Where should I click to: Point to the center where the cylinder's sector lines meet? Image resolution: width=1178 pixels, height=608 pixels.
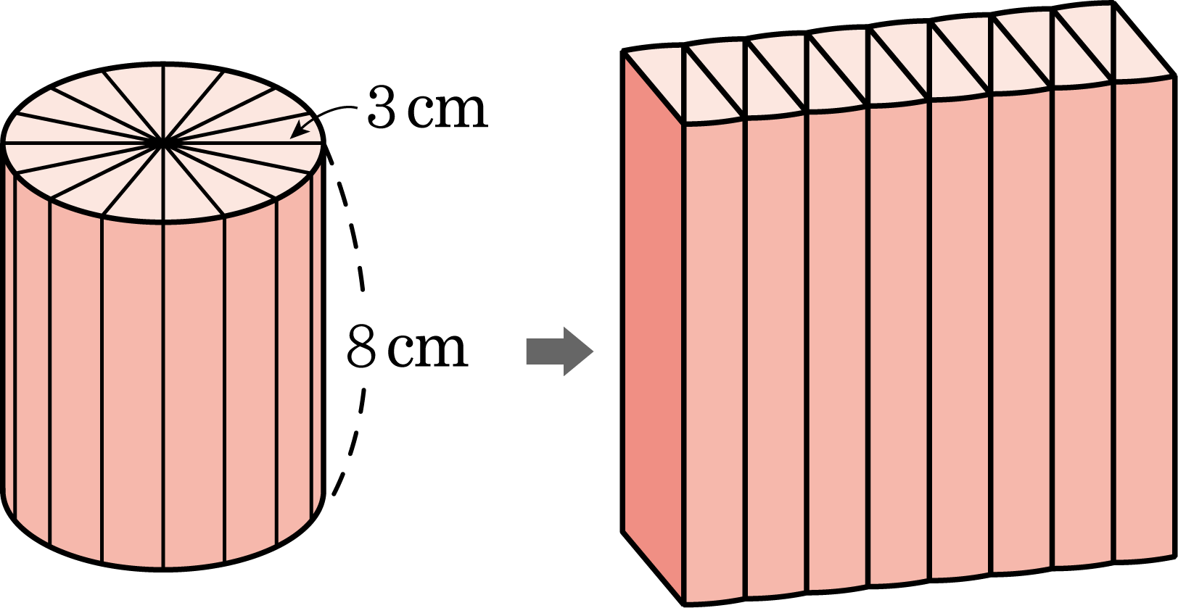click(163, 143)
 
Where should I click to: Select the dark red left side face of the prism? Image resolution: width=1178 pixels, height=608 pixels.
click(653, 326)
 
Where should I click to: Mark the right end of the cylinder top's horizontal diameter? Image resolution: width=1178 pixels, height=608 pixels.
click(321, 143)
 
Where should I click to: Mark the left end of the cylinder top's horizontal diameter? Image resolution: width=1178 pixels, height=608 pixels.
click(6, 143)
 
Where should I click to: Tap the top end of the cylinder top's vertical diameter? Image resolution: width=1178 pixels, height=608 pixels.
click(163, 67)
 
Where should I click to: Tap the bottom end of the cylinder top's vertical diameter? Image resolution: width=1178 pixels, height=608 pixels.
click(163, 221)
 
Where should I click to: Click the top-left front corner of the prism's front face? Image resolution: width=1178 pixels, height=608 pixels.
click(683, 123)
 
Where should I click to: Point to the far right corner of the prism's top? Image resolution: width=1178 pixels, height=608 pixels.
click(1171, 74)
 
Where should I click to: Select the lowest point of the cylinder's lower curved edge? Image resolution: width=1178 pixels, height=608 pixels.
click(163, 569)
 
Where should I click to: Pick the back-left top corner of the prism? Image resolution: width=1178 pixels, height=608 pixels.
click(626, 55)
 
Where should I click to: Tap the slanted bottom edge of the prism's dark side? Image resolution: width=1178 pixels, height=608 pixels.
click(653, 565)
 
